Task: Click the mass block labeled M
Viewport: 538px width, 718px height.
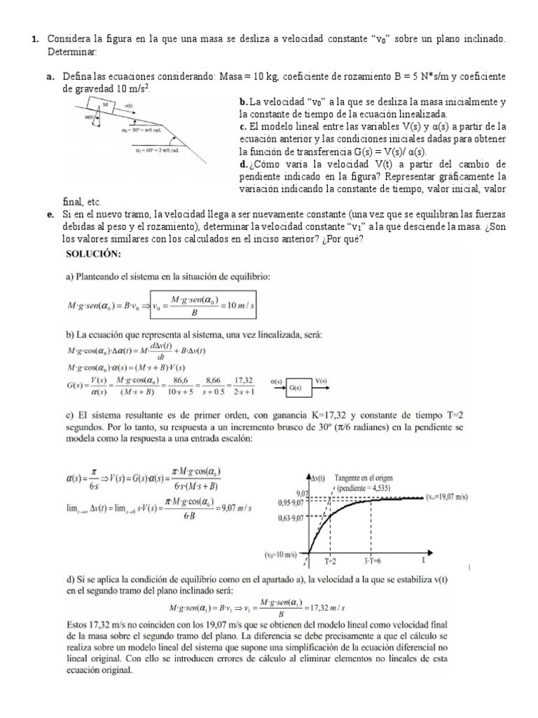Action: click(106, 105)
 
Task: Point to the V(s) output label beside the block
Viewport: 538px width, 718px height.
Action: click(321, 381)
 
